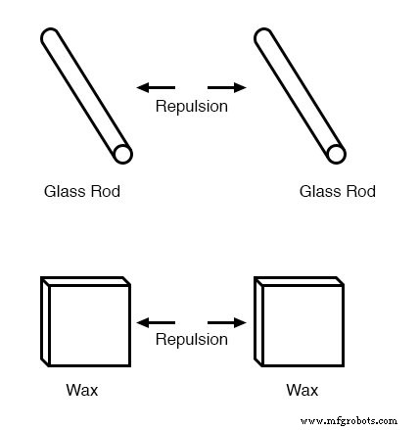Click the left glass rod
coord(86,95)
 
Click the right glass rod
coord(299,95)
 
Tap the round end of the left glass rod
coord(121,154)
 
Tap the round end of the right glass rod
coord(335,154)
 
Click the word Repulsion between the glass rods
coord(192,106)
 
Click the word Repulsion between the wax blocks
coord(192,340)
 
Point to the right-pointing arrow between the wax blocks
coord(227,321)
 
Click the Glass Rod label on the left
coord(82,192)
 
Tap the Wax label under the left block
coord(82,391)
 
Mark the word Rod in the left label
coord(106,192)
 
